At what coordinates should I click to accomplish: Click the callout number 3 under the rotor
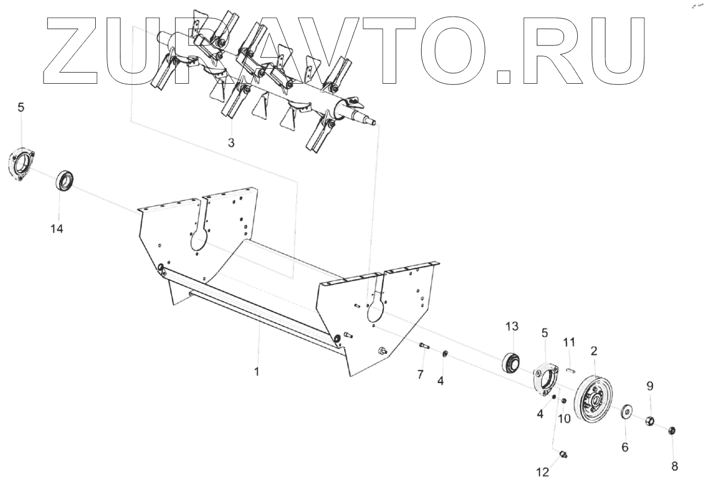pos(231,143)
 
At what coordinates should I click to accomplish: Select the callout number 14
pos(56,229)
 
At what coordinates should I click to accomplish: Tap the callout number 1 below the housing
pos(257,372)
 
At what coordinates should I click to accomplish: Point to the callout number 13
pos(512,326)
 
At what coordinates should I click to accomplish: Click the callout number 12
pos(542,473)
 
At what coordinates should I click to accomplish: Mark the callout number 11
pos(569,342)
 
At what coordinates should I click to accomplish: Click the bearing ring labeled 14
pos(65,181)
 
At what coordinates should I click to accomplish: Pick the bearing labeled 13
pos(511,362)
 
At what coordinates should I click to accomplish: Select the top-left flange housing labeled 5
pos(21,165)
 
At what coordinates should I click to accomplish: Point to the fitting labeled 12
pos(563,454)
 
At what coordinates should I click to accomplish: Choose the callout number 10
pos(564,419)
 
